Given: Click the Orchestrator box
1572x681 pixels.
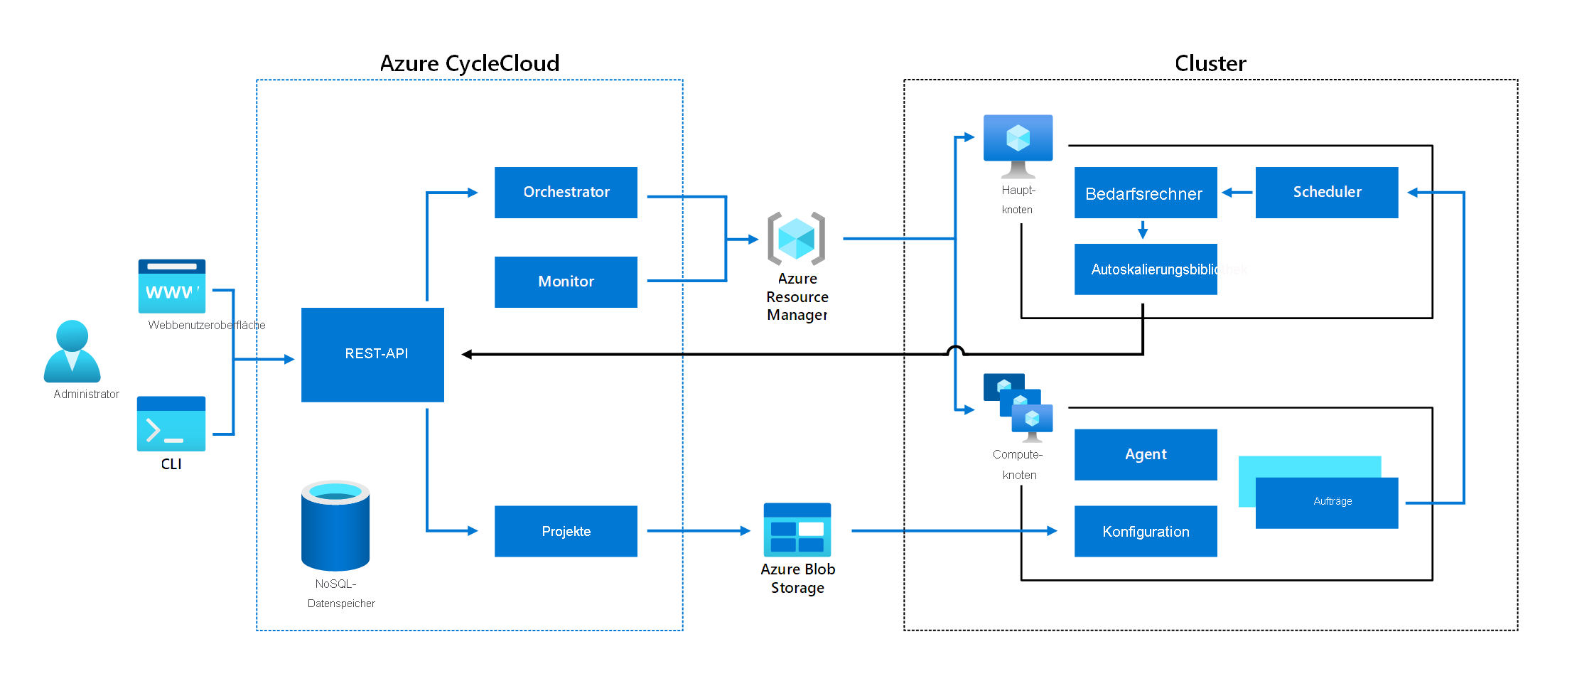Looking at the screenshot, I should tap(566, 192).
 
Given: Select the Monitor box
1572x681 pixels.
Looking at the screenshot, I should tap(566, 281).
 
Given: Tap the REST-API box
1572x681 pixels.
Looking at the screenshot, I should tap(372, 354).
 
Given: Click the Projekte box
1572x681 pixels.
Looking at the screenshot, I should tap(566, 531).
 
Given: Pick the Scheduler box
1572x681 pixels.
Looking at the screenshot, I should tap(1326, 192).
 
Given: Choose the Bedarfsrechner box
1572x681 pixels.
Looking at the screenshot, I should tap(1145, 193).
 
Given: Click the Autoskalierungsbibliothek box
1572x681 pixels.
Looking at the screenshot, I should tap(1145, 269).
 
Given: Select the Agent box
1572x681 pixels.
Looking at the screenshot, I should tap(1145, 454).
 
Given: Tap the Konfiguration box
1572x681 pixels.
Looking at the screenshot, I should tap(1145, 531).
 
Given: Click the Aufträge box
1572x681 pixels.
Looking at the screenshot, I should tap(1326, 503).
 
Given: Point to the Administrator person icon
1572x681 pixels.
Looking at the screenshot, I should tap(72, 352).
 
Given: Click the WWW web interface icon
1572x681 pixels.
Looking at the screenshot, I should tap(171, 286).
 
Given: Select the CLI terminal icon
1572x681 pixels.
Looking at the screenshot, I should tap(171, 424).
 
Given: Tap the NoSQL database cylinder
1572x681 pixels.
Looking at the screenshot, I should tap(335, 526).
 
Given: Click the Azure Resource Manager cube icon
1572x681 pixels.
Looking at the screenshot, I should tap(796, 238).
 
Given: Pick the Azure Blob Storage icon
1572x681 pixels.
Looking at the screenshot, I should tap(797, 530).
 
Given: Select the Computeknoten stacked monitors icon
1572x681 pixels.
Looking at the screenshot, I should tap(1018, 407).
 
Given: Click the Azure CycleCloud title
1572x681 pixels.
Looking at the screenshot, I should tap(469, 63).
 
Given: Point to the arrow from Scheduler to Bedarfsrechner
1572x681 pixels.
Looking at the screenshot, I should tap(1237, 192).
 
